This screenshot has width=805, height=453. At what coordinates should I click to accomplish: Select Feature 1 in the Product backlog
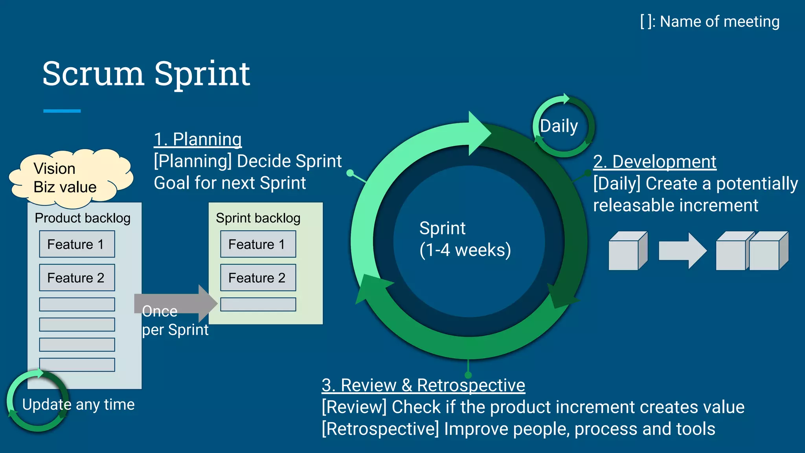pyautogui.click(x=77, y=244)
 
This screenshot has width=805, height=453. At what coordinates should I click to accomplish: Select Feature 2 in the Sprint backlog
pyautogui.click(x=258, y=278)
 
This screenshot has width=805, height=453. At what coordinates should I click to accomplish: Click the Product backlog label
pyautogui.click(x=83, y=218)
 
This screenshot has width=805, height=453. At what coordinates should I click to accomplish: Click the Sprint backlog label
pyautogui.click(x=258, y=218)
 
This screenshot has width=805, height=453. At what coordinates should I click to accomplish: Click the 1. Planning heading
pyautogui.click(x=198, y=139)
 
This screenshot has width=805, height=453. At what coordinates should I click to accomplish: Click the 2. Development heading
pyautogui.click(x=654, y=162)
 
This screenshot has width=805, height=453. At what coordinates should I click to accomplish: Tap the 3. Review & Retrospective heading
pyautogui.click(x=423, y=385)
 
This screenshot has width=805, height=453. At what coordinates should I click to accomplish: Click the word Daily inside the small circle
pyautogui.click(x=559, y=126)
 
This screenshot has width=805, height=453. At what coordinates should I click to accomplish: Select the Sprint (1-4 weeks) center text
pyautogui.click(x=465, y=239)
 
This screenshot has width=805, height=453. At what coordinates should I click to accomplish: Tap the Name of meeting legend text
pyautogui.click(x=709, y=22)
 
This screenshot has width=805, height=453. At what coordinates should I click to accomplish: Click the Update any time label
pyautogui.click(x=78, y=404)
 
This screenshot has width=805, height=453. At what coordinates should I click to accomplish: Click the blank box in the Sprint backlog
pyautogui.click(x=258, y=304)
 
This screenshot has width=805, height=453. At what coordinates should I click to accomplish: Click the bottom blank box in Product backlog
pyautogui.click(x=77, y=365)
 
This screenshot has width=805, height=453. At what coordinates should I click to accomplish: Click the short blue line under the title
pyautogui.click(x=62, y=111)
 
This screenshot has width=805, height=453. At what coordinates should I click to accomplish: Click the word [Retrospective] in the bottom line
pyautogui.click(x=380, y=429)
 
